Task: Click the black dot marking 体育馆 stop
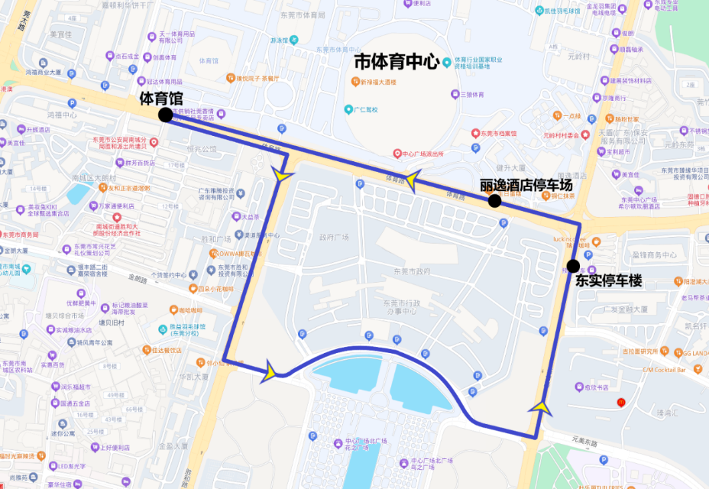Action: tap(165, 115)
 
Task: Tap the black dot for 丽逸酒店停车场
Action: tap(494, 201)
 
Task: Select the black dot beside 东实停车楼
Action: tap(573, 266)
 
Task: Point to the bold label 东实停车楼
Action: tap(608, 281)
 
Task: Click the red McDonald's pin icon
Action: tap(620, 402)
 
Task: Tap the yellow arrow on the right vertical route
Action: tap(542, 406)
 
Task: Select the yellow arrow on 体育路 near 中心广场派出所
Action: tap(413, 180)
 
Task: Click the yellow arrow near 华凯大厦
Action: tap(270, 373)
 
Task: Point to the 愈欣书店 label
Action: tap(600, 387)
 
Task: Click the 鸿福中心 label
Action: tap(63, 115)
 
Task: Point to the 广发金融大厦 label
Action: tap(623, 309)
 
